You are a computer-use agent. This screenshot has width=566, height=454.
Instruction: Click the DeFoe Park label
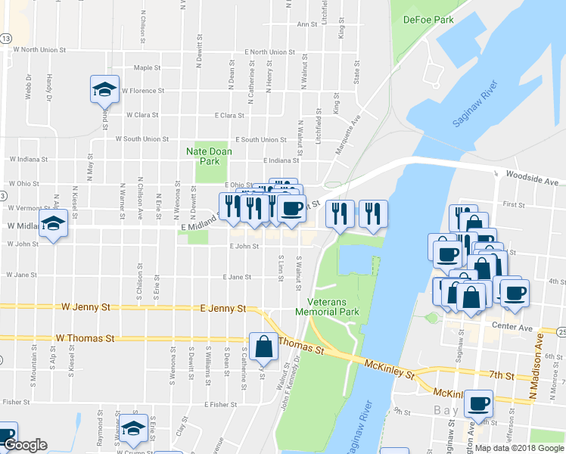click(428, 19)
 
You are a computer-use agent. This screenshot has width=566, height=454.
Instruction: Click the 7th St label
click(501, 375)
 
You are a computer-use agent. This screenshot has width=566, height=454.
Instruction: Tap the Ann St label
click(306, 24)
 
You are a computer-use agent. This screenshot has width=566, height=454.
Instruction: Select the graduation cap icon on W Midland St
click(53, 223)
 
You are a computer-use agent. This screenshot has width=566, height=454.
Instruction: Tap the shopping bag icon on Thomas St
click(263, 347)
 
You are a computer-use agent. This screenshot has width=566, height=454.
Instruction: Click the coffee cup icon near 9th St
click(478, 404)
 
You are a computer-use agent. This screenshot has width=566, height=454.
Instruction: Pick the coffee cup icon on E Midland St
click(292, 208)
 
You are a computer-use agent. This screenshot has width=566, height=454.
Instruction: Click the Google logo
click(25, 446)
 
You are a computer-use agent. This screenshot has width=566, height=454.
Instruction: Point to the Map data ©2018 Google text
click(519, 448)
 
